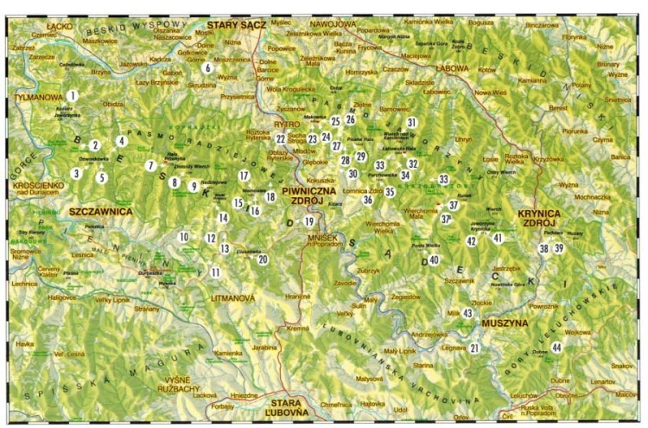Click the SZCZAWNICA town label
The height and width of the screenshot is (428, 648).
[76, 210]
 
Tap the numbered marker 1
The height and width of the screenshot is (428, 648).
[74, 96]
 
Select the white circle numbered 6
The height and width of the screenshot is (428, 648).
[207, 67]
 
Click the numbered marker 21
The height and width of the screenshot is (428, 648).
[474, 348]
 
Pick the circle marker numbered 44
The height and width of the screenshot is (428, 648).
[557, 348]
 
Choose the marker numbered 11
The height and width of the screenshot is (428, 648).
[214, 272]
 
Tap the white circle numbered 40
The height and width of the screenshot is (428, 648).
[434, 259]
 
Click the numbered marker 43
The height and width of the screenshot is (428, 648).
[467, 313]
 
